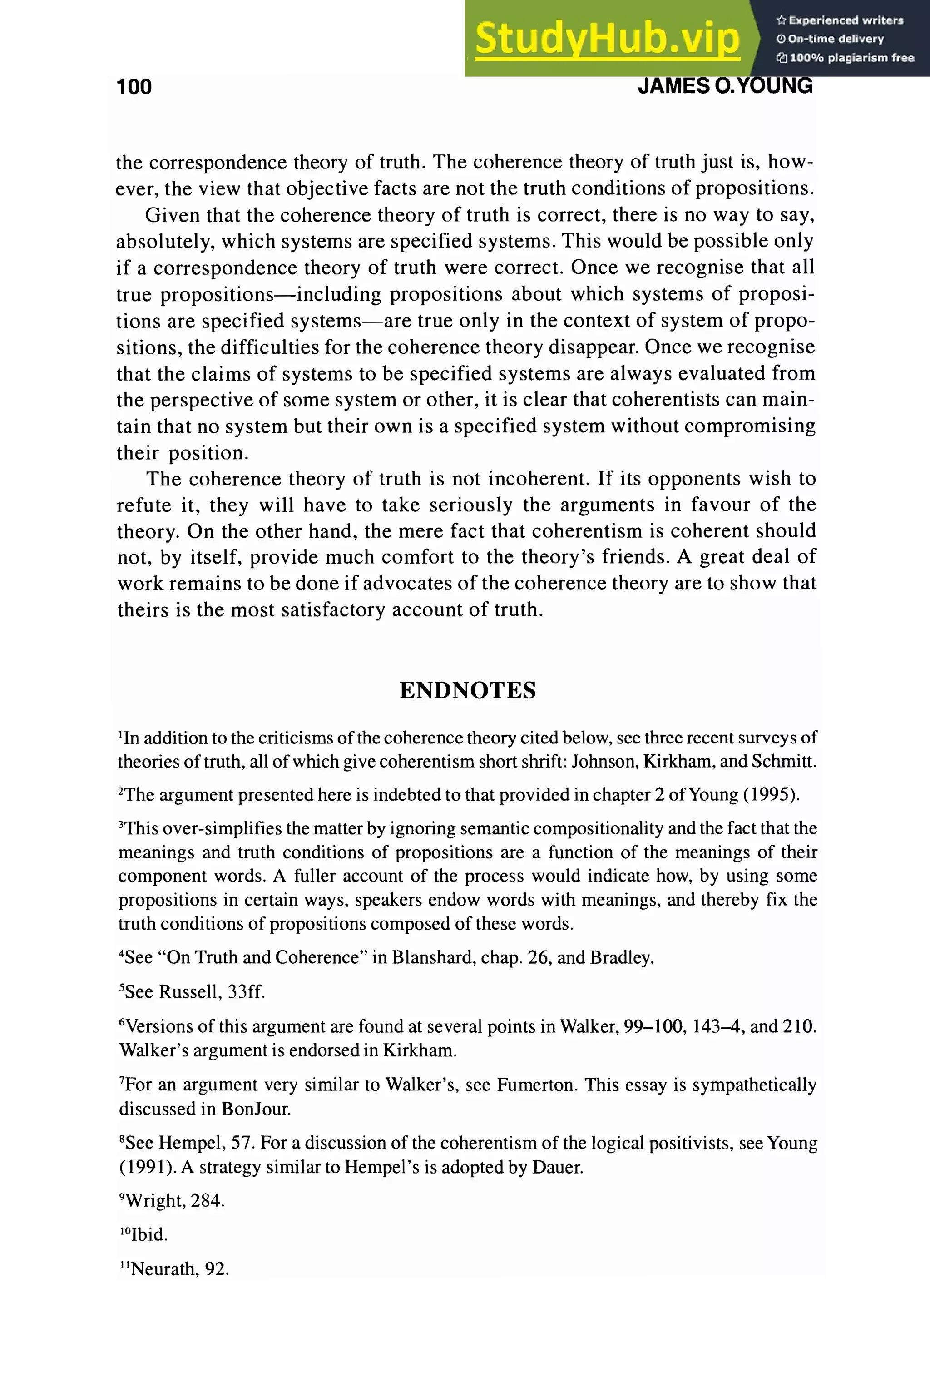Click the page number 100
(134, 87)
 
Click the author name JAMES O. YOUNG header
(725, 86)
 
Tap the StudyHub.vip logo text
(607, 39)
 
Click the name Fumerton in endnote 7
(535, 1085)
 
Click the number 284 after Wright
(207, 1201)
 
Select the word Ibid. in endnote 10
(149, 1235)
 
